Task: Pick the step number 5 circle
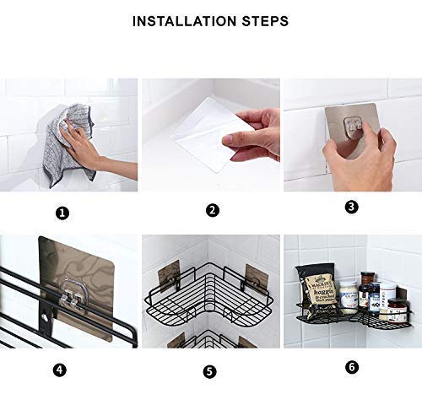(210, 370)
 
